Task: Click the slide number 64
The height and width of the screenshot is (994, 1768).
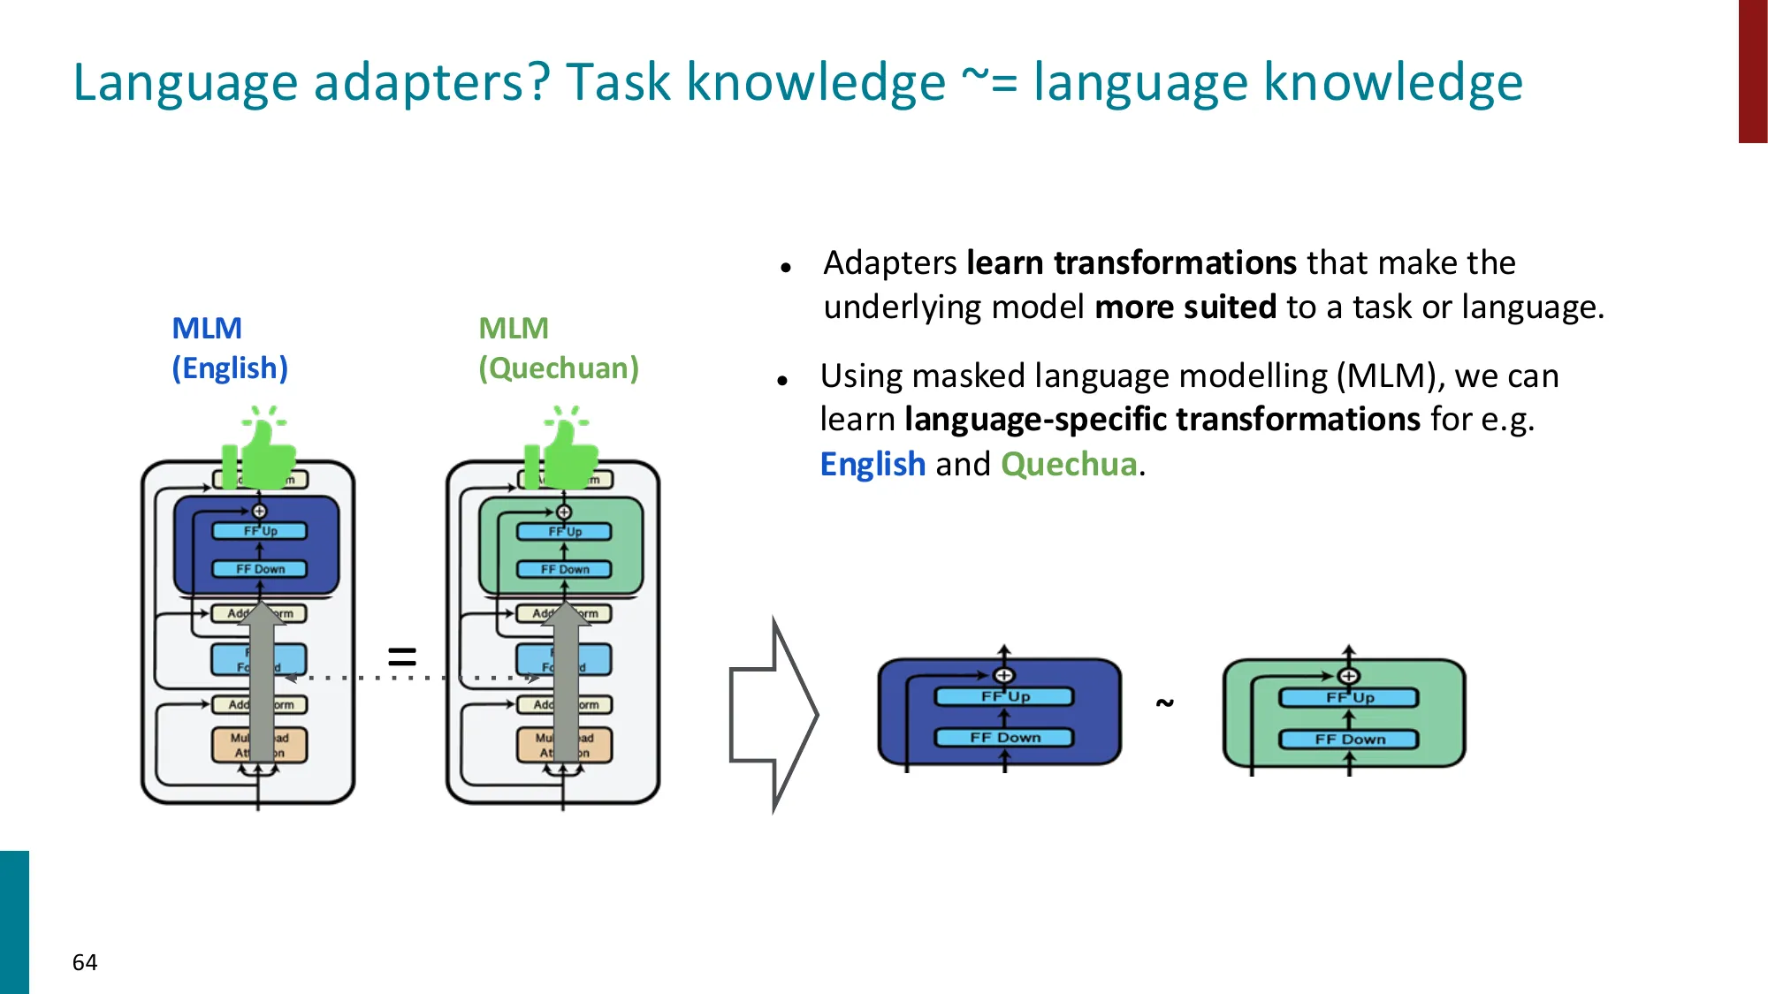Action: click(85, 962)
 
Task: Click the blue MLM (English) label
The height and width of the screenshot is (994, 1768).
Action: click(229, 348)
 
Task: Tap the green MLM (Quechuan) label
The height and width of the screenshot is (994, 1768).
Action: click(558, 348)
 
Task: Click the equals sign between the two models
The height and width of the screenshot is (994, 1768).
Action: click(402, 656)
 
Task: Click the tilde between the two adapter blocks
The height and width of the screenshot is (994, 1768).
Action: click(1164, 703)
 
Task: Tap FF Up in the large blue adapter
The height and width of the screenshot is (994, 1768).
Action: click(1004, 696)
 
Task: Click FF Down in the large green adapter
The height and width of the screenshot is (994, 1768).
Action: click(1349, 740)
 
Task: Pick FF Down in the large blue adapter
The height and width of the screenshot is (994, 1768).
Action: click(1004, 738)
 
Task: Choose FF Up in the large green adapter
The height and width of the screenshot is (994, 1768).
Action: click(1349, 698)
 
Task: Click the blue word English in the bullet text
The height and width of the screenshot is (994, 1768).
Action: click(873, 464)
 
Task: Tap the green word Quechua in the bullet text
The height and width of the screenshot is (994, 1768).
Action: click(1068, 464)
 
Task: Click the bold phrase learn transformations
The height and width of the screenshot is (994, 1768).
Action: click(1131, 263)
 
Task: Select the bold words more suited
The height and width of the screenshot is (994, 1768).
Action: click(1185, 307)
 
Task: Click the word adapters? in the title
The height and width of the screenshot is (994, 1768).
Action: click(432, 82)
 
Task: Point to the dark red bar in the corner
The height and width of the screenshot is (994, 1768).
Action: click(1752, 71)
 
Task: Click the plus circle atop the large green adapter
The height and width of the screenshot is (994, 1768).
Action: click(1348, 677)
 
